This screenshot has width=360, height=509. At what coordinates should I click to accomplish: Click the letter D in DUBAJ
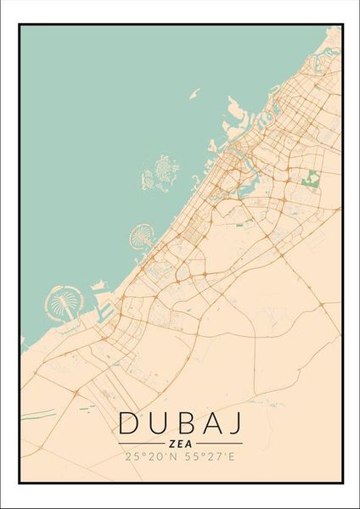point(127,422)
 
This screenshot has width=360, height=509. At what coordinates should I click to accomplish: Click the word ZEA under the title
point(179,443)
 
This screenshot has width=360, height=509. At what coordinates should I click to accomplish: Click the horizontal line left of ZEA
point(139,443)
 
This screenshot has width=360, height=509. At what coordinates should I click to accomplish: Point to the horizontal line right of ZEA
point(220,443)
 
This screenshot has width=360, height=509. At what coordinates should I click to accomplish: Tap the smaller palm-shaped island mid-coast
point(140,233)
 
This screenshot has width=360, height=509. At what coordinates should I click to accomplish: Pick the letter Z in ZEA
point(172,443)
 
